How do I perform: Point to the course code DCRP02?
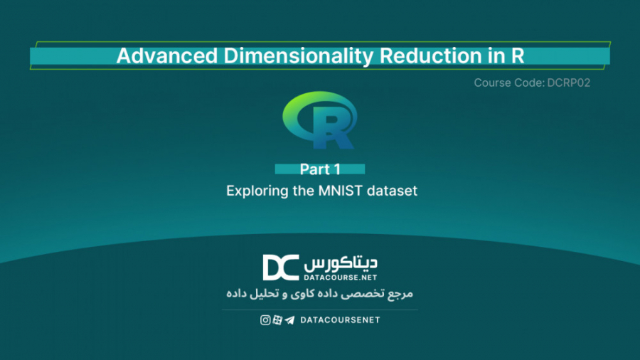pos(568,83)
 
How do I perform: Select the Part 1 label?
pos(320,169)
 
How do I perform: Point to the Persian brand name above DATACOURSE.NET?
pos(341,262)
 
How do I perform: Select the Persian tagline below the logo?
pos(319,293)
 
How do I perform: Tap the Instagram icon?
pos(265,320)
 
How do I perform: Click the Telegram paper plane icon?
pos(289,320)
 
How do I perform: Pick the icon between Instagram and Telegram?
pos(277,320)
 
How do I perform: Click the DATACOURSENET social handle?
pos(341,320)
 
